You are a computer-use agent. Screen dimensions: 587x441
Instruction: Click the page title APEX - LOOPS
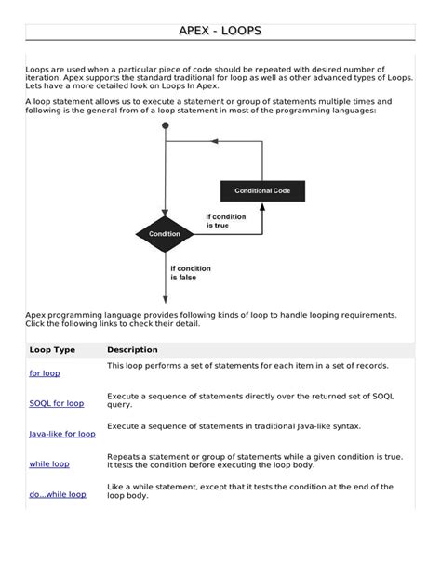point(220,32)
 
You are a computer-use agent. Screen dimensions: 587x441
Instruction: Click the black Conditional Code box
point(261,190)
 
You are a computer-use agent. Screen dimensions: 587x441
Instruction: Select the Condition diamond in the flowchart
point(165,234)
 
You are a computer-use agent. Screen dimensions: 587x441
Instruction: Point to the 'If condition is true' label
point(227,221)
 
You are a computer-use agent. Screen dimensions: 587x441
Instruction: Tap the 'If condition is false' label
point(191,273)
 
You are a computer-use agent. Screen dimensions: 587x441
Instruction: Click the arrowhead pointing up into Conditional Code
point(261,207)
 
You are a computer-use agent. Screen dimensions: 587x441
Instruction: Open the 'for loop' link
point(44,372)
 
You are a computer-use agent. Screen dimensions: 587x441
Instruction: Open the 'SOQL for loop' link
point(56,403)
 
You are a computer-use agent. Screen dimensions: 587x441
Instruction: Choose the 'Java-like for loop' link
point(61,434)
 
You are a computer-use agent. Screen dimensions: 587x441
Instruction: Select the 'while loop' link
point(49,463)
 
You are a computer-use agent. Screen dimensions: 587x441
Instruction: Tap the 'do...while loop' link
point(58,494)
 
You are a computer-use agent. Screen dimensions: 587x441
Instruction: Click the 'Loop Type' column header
point(52,349)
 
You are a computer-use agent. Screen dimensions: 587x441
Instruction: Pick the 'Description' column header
point(132,349)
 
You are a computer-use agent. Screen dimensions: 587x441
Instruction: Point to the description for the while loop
point(254,461)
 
